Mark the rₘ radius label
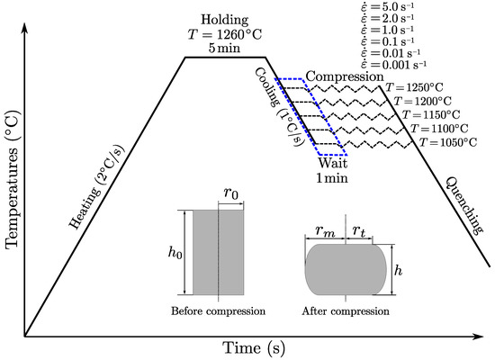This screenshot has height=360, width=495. (326, 232)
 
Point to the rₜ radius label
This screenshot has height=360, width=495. (358, 232)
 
